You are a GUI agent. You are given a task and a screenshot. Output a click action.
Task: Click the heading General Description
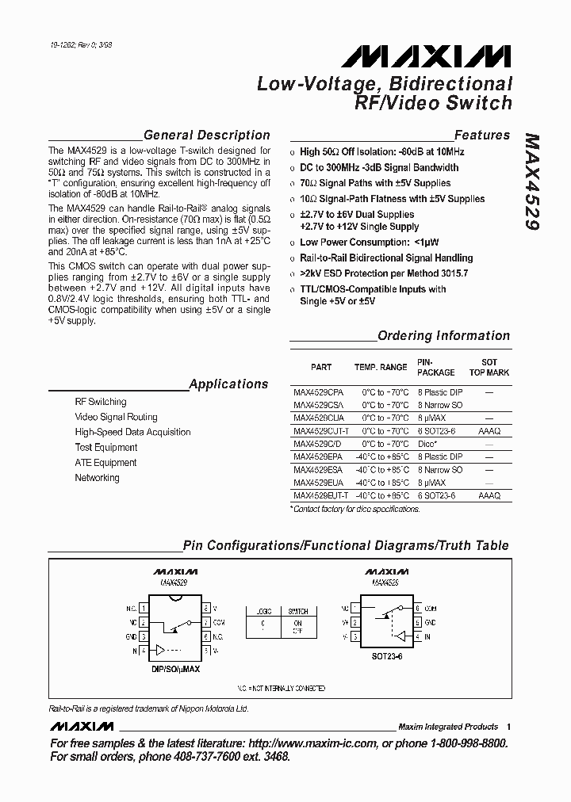(206, 136)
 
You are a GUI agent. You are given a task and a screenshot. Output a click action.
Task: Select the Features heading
(481, 136)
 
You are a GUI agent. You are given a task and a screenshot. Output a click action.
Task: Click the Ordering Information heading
(443, 336)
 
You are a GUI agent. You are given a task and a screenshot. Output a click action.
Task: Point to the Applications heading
(228, 384)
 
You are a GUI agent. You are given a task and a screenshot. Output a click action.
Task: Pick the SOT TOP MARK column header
(489, 368)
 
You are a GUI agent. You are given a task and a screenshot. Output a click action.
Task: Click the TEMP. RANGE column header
(381, 368)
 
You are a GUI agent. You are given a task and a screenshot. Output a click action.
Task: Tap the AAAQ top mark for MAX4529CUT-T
(489, 431)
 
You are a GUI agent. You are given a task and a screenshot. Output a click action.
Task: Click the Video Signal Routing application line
(116, 417)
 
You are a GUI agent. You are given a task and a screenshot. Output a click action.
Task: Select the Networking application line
(97, 478)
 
